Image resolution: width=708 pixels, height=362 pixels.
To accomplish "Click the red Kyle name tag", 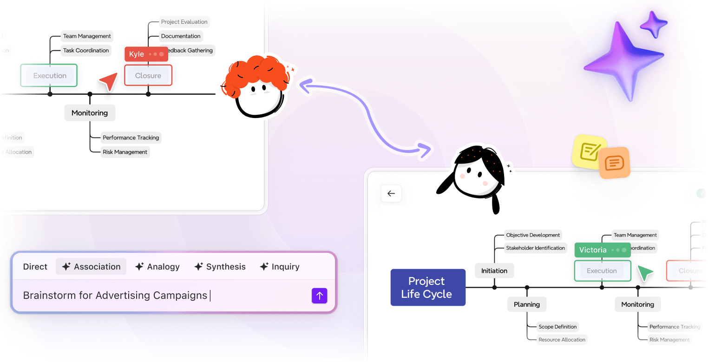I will coord(146,54).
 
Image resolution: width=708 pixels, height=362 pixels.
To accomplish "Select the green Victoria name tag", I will coord(602,250).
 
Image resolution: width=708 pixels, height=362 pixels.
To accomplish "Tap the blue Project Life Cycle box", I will coord(427,287).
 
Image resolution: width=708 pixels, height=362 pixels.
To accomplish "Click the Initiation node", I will coord(494,270).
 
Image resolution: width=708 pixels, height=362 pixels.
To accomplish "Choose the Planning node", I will coord(526,304).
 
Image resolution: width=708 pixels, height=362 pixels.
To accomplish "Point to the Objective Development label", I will coord(533,235).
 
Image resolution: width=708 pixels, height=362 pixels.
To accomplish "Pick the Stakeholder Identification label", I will coord(535,248).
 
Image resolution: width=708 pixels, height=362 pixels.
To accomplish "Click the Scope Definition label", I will coord(557,327).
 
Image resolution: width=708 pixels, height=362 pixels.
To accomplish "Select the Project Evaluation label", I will coord(184,22).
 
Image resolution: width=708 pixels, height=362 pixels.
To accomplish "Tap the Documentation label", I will coord(181,36).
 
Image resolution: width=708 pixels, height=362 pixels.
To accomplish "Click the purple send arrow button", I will coord(319,296).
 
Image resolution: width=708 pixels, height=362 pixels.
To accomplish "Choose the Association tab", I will coord(91,267).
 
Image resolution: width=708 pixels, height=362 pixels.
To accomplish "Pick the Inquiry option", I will coord(279,267).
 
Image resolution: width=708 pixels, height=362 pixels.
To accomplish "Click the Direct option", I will coord(35,267).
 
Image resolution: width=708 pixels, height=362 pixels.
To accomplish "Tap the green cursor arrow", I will coord(645,273).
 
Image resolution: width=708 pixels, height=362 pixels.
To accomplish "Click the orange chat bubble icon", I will coord(614,163).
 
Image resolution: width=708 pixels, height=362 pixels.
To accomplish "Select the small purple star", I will coord(653,24).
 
